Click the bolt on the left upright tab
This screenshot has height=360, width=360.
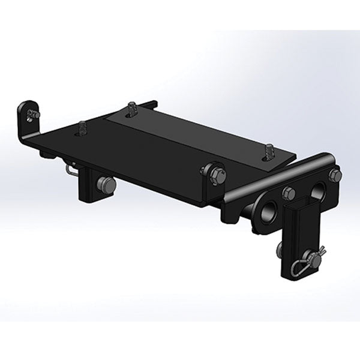[35, 114]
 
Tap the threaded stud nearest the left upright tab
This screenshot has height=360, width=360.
[82, 128]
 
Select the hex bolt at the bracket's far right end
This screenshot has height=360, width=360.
[335, 175]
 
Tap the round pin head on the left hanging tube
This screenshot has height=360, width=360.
[109, 185]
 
